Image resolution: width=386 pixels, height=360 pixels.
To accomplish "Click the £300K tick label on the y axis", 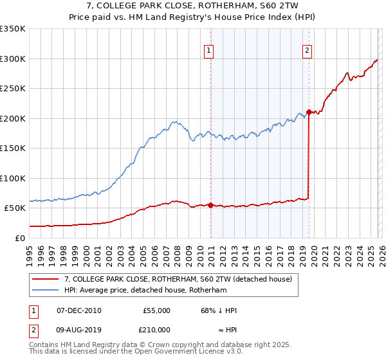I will coord(12,59).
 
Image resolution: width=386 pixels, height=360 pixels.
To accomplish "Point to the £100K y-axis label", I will coord(12,178).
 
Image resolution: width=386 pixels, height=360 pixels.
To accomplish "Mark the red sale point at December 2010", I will coord(210,205).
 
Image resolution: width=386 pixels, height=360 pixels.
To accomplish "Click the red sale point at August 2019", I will coord(309,112).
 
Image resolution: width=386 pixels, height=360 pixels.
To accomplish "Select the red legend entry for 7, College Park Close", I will coord(178,279).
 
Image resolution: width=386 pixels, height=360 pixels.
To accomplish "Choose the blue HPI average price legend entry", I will coord(146,291).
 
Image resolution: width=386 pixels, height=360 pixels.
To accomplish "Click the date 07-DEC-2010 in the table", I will coord(78,310).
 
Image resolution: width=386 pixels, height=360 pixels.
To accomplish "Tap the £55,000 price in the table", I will coord(156,310).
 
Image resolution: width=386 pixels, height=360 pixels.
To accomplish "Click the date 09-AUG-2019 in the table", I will coord(78,329).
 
